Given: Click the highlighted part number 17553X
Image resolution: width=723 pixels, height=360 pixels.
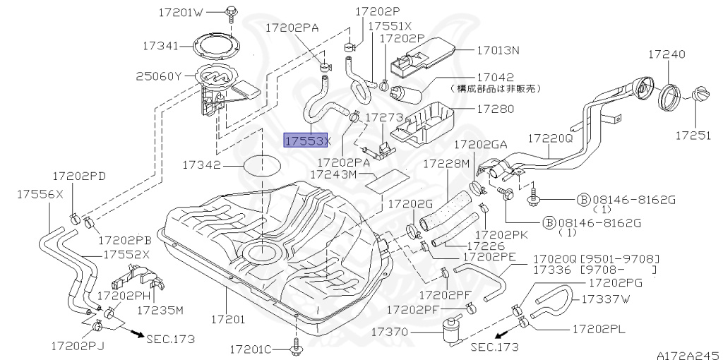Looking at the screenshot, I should point(306,140).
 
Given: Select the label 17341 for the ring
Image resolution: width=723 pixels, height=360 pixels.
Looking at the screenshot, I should point(160,45).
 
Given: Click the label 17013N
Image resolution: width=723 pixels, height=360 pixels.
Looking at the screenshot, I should point(498,51).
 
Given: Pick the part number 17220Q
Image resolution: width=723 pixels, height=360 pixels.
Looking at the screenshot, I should point(551,139).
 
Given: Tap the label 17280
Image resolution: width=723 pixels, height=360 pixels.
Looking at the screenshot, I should point(495,109).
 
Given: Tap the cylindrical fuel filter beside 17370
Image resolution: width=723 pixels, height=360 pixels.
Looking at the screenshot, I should point(449,330).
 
